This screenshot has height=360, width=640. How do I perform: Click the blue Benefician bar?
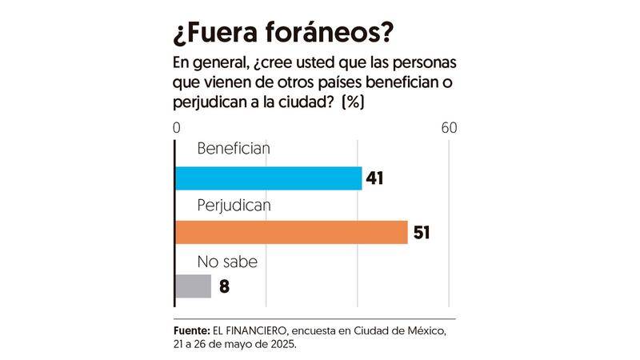268,178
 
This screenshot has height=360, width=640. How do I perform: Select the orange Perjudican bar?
291,232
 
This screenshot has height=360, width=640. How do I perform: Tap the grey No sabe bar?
193,286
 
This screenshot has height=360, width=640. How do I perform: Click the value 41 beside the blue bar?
375,178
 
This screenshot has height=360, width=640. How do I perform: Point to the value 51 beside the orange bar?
421,233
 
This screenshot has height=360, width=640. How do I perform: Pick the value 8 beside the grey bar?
224,286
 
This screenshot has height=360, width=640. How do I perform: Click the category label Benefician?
234,149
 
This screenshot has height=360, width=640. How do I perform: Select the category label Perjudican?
234,204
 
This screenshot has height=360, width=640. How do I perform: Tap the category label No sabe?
226,261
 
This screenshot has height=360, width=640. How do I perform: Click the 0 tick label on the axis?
176,128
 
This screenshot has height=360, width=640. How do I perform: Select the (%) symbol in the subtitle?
353,103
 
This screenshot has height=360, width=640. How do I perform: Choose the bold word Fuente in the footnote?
190,330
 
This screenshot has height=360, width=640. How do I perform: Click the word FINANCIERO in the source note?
262,330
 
